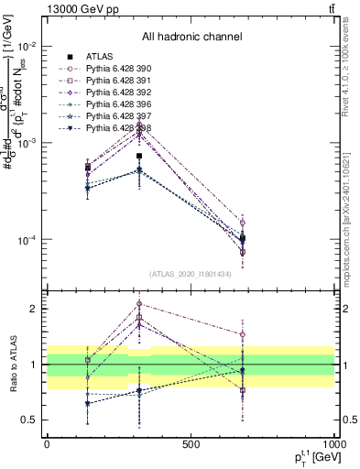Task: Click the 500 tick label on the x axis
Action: click(x=191, y=444)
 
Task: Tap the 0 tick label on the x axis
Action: click(x=47, y=444)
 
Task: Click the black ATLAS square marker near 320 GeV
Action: click(x=139, y=156)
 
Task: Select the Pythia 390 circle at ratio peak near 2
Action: click(x=139, y=303)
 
